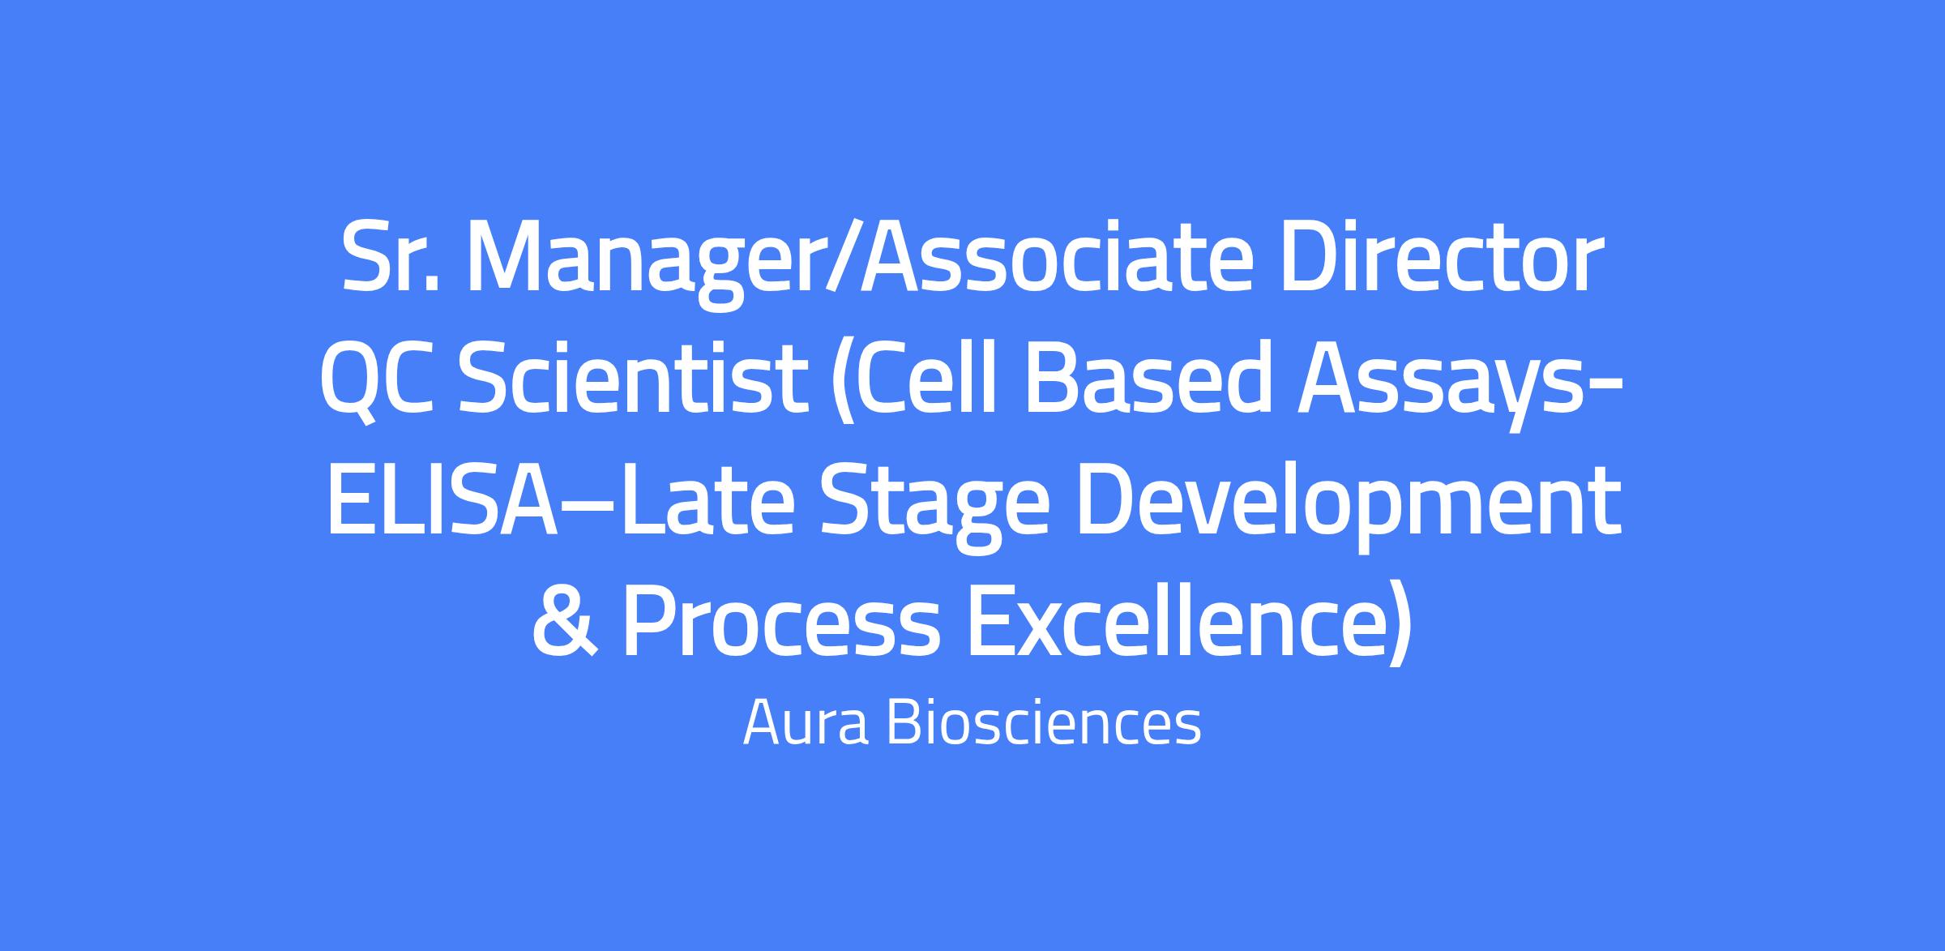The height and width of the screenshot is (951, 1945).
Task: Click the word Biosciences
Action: [x=1045, y=722]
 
